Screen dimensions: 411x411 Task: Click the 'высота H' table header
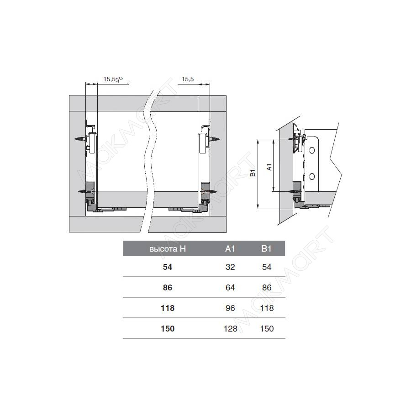[x=168, y=249]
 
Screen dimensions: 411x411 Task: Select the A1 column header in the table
[x=230, y=249]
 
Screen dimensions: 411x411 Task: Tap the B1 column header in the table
[x=266, y=249]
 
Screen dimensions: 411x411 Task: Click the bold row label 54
[x=168, y=267]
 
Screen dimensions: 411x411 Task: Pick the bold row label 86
[x=168, y=288]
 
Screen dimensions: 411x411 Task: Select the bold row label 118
[x=168, y=308]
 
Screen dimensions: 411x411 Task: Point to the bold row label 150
[x=168, y=328]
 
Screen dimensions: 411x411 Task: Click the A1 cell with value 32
[x=230, y=267]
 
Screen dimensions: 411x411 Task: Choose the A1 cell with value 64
[x=230, y=288]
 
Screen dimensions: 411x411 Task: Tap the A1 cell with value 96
[x=230, y=308]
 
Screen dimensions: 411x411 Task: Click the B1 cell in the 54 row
[x=266, y=267]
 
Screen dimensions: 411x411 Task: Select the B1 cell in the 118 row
[x=266, y=308]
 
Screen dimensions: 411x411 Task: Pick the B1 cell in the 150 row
[x=266, y=328]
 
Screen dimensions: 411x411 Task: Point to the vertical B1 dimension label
[x=253, y=173]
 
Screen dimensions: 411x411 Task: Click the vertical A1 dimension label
[x=269, y=167]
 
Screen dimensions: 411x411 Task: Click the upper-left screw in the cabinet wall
[x=80, y=138]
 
